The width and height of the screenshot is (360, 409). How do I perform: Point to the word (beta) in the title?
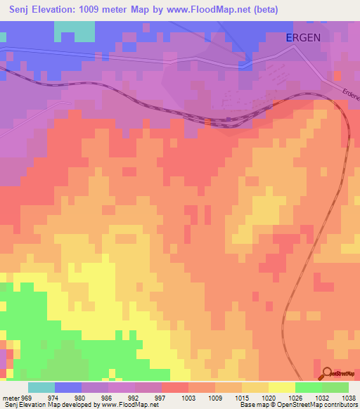coord(265,10)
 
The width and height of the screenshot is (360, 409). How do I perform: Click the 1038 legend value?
coord(349,398)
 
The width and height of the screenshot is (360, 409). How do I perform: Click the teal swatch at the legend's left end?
coord(41,387)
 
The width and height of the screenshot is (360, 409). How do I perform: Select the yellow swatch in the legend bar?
coord(282,387)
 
